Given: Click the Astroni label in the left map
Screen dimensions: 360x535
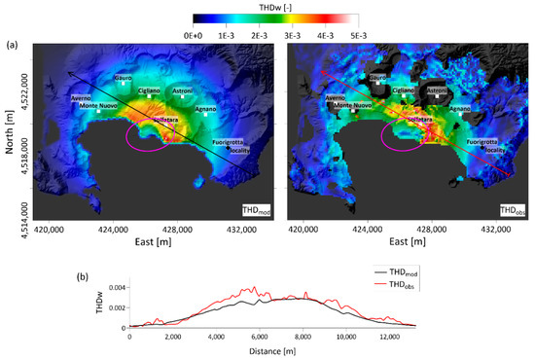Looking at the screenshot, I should [182, 91].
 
